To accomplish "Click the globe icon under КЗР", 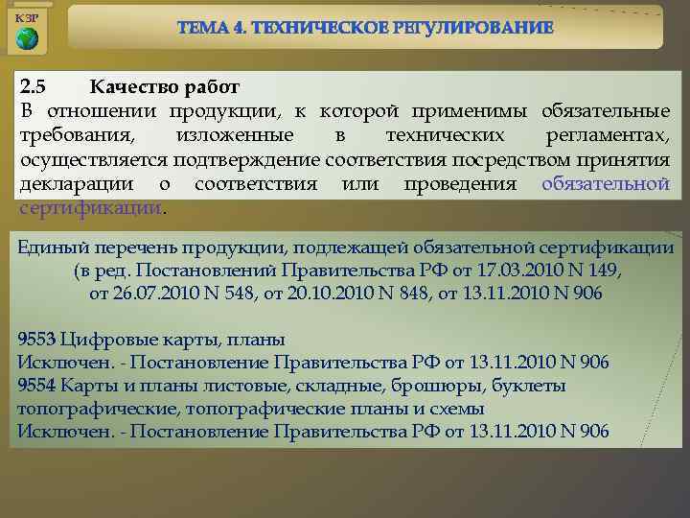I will click(28, 38).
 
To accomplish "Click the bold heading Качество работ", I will click(164, 87).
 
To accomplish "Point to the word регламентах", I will click(607, 135).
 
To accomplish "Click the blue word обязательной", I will click(605, 183).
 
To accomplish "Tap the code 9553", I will click(36, 340).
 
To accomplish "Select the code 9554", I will click(36, 386).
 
